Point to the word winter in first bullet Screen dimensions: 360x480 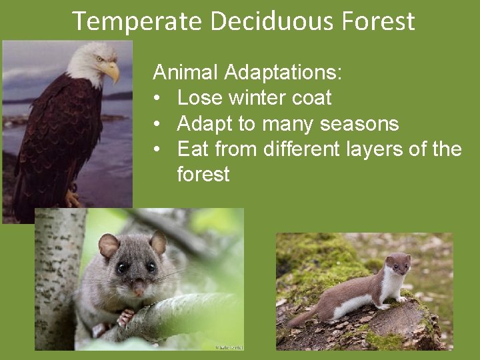(255, 98)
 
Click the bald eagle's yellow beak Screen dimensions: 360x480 (111, 70)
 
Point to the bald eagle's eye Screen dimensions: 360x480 (100, 59)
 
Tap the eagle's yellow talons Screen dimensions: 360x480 (73, 198)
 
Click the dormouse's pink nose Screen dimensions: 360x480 (138, 287)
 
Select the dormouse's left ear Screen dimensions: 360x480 (108, 245)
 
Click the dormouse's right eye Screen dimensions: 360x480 (152, 267)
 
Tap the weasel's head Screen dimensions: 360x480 (398, 264)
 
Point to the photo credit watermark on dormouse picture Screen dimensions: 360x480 (229, 347)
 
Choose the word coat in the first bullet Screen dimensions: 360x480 (313, 98)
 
